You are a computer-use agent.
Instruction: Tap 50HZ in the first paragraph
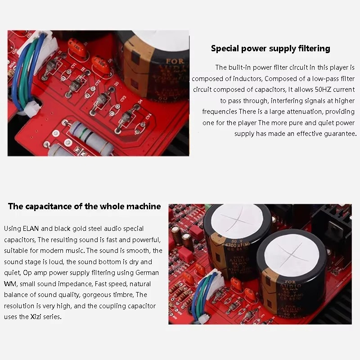click(x=323, y=89)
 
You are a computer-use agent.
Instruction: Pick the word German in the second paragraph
click(x=147, y=273)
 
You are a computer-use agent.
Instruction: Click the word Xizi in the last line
click(x=36, y=317)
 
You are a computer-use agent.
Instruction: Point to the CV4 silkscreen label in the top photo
click(x=148, y=117)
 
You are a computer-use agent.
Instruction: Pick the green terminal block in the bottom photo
click(x=208, y=206)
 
